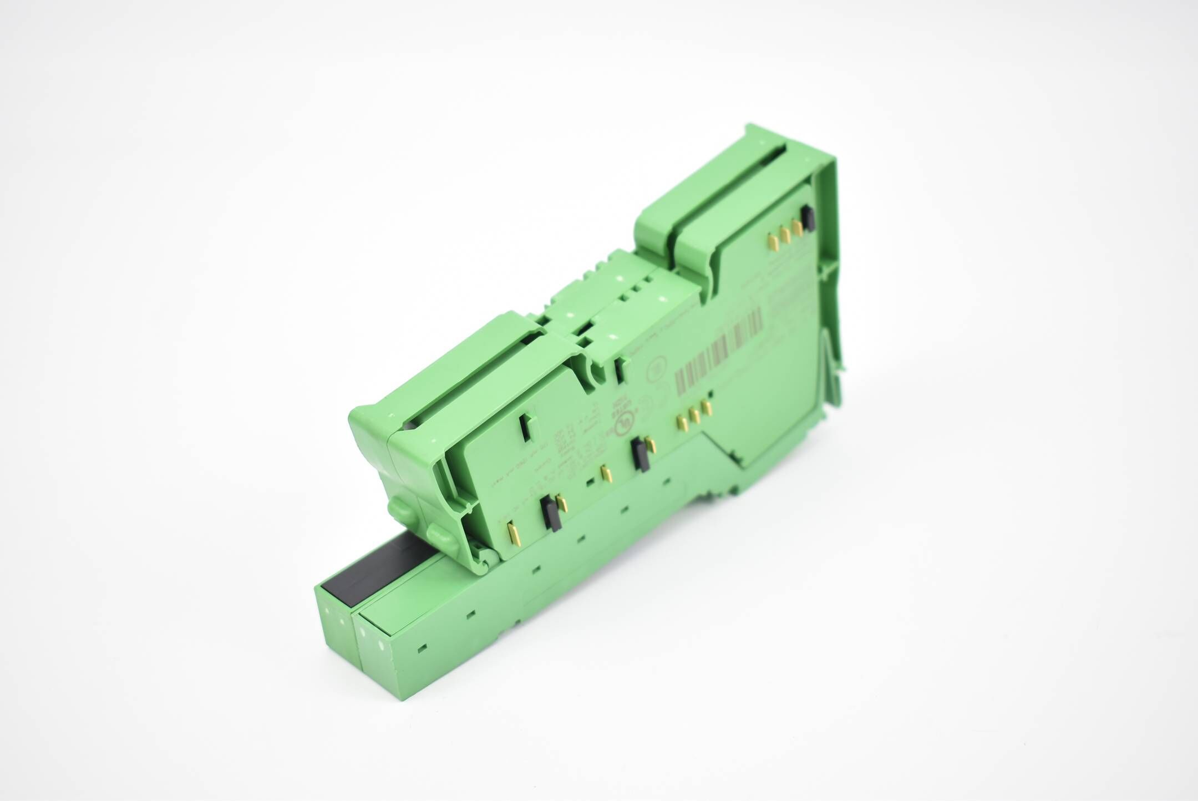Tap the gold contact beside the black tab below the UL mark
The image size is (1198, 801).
tap(652, 444)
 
